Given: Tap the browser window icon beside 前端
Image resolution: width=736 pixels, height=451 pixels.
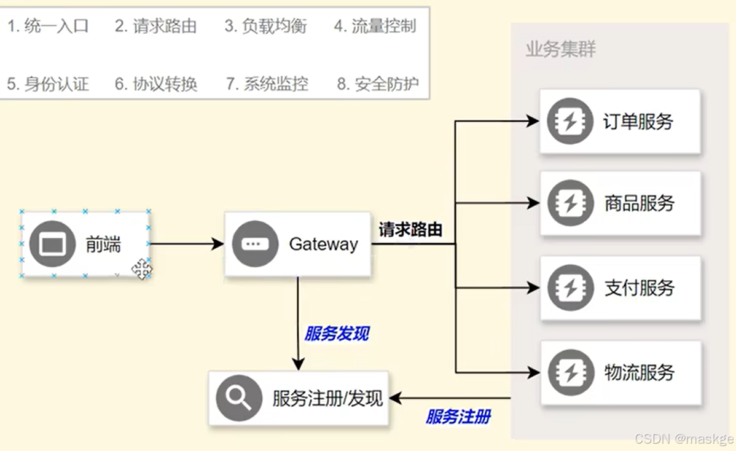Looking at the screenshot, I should tap(52, 244).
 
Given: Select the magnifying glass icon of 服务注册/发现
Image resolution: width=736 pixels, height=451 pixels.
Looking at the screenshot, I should tap(238, 398).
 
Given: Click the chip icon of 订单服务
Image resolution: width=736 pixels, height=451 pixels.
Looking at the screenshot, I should tap(570, 121).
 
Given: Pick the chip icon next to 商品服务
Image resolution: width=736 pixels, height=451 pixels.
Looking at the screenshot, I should tap(570, 203).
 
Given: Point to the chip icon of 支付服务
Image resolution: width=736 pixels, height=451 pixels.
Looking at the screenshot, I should tap(570, 288).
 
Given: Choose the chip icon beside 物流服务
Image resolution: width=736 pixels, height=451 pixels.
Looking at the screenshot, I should tap(570, 372).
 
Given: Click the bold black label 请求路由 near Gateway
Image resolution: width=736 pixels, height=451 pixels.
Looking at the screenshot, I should tap(410, 230).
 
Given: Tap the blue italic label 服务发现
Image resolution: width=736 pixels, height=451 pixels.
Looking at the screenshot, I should tap(337, 334).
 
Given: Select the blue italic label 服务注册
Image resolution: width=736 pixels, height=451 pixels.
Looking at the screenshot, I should tap(458, 417).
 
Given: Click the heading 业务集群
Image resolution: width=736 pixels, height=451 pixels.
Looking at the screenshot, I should tap(560, 49).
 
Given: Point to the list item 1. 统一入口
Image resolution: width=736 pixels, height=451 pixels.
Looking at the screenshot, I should tap(48, 26).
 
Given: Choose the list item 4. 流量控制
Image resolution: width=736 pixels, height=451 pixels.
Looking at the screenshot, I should tap(375, 26).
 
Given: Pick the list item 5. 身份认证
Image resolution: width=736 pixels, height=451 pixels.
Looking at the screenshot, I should tap(48, 84).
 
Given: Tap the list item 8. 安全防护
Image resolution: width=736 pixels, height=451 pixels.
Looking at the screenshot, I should tap(378, 84).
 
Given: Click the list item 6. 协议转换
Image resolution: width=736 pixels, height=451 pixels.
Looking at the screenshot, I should tap(156, 84).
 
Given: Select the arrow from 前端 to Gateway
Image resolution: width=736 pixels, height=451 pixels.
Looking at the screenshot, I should tap(187, 244).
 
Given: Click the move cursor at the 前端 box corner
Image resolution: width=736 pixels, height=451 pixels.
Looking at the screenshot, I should tap(142, 269).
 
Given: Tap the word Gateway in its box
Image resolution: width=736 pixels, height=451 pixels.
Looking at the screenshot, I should tap(323, 244).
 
